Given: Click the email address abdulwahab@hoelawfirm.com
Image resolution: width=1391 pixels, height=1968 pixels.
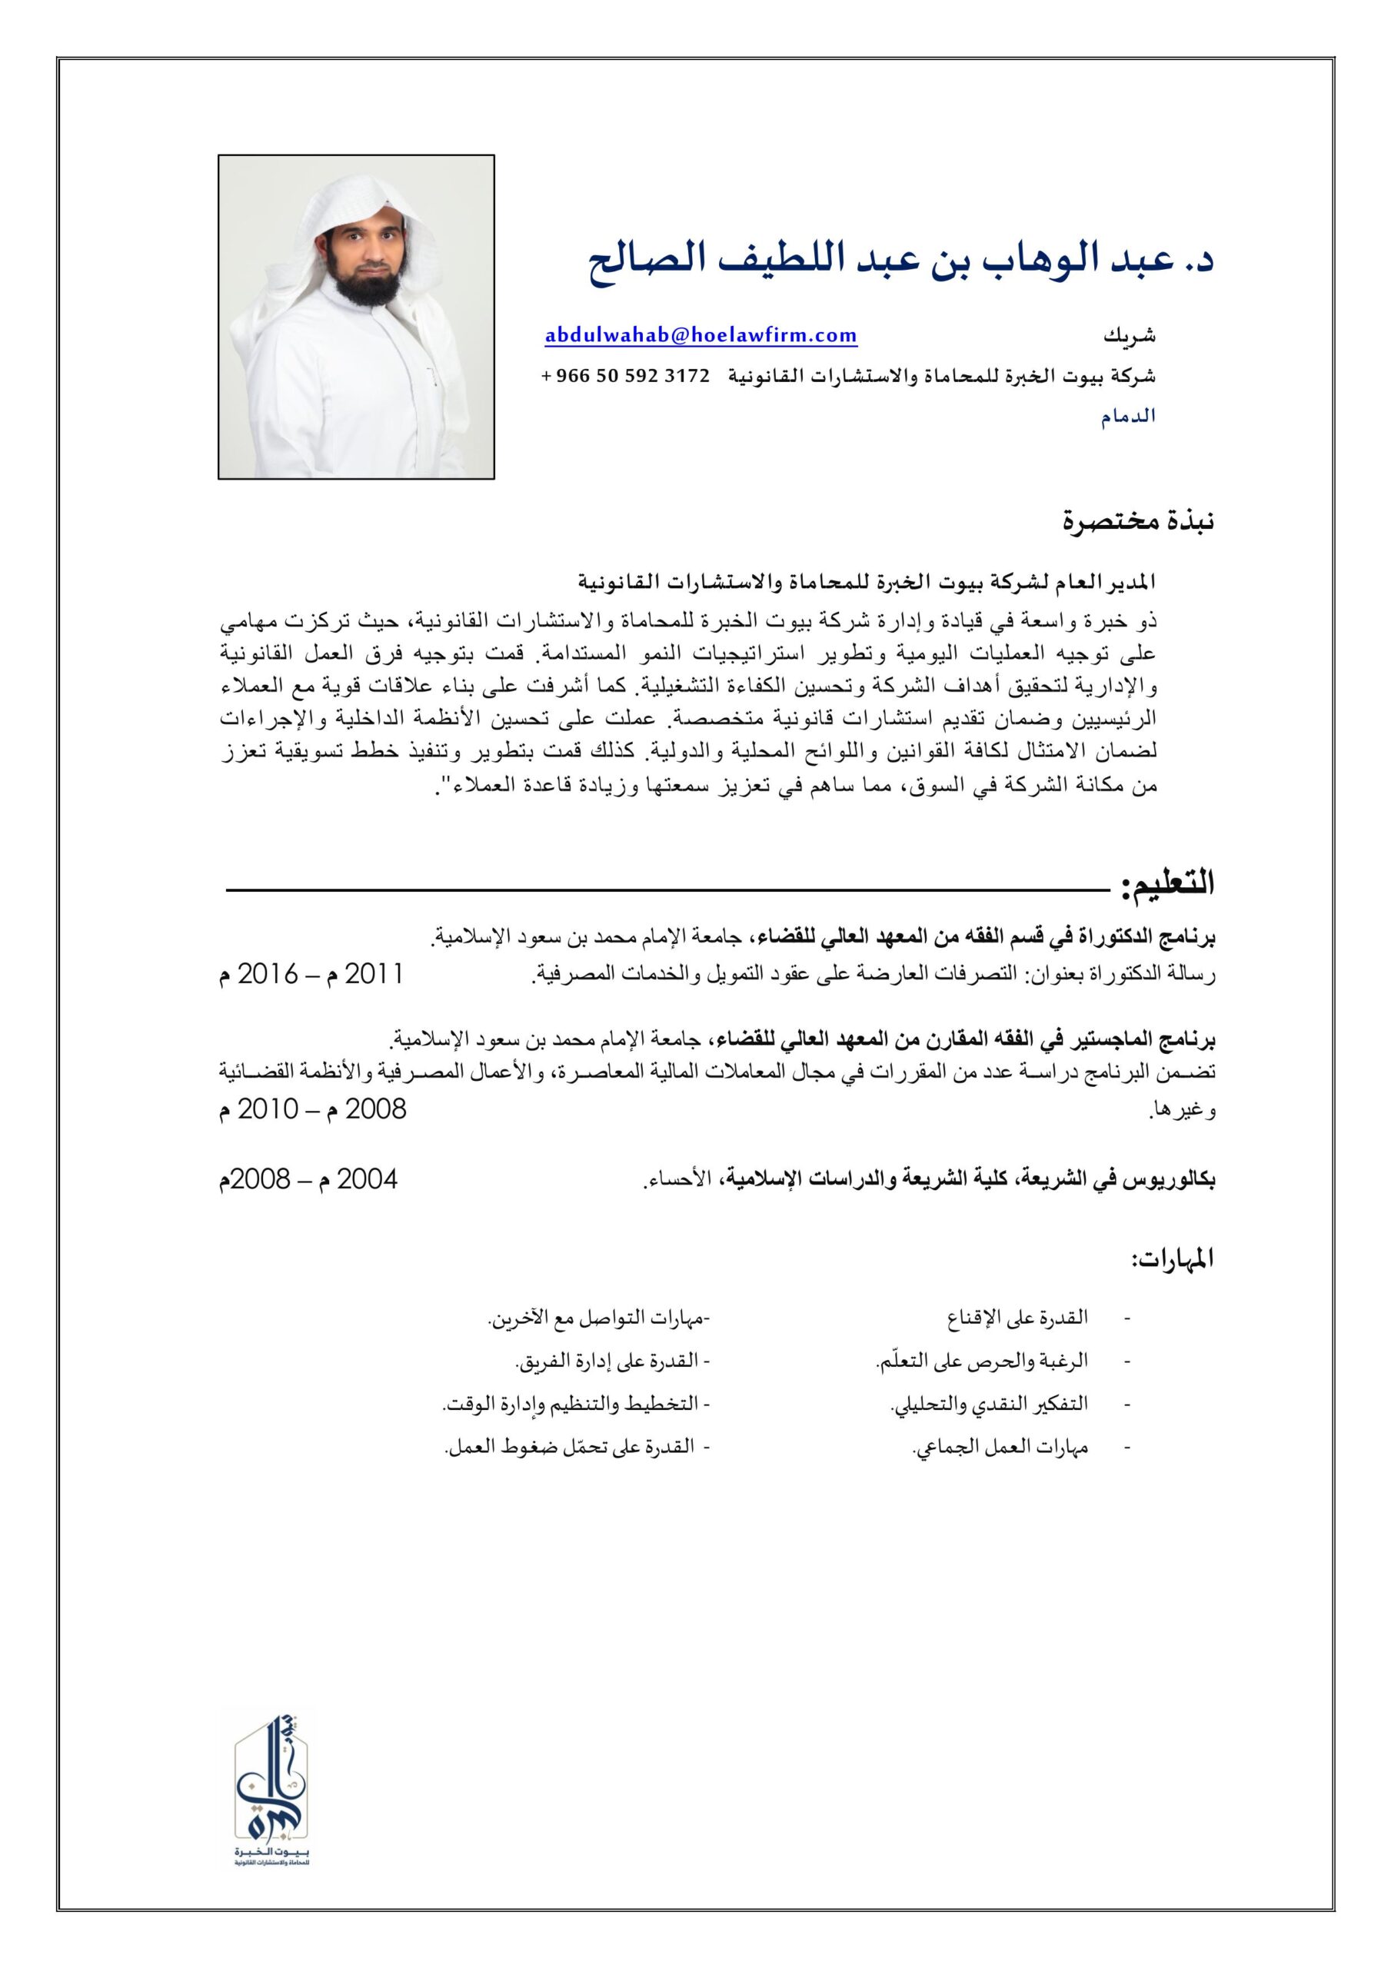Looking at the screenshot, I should (x=700, y=335).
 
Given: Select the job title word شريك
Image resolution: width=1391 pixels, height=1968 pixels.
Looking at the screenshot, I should (x=1129, y=336).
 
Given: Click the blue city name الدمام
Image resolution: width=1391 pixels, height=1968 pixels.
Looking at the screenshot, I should (x=1129, y=417).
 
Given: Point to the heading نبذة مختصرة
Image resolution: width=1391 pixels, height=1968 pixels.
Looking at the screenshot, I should (x=1138, y=520).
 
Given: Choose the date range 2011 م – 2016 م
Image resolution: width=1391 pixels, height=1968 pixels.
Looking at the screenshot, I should (x=311, y=975).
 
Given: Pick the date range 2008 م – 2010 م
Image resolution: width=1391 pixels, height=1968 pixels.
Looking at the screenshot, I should (x=312, y=1110).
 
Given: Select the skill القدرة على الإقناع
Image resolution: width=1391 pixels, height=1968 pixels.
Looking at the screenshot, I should (x=1017, y=1318).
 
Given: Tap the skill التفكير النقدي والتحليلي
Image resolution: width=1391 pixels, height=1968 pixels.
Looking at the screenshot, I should (x=989, y=1404).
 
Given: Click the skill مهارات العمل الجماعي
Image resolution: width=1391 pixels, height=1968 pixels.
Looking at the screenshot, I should (x=1000, y=1448).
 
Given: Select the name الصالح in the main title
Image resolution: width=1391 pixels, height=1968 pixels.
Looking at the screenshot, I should (x=644, y=260).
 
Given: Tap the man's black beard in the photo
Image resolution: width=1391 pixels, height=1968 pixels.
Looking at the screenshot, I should (x=367, y=288).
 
